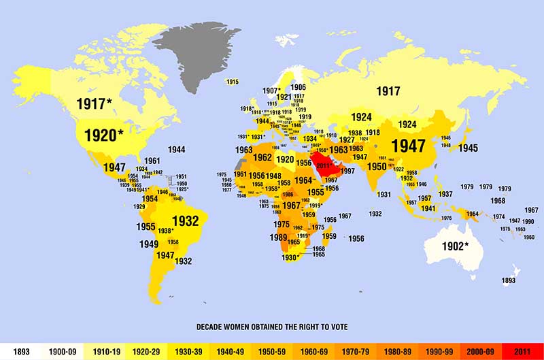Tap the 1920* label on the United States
[x=103, y=135]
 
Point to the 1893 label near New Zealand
[x=508, y=280]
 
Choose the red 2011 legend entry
[x=524, y=351]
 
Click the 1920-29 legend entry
[x=146, y=351]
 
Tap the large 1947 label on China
[x=408, y=146]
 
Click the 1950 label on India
[x=377, y=166]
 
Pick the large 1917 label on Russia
[x=388, y=91]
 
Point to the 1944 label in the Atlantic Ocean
[x=177, y=149]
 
